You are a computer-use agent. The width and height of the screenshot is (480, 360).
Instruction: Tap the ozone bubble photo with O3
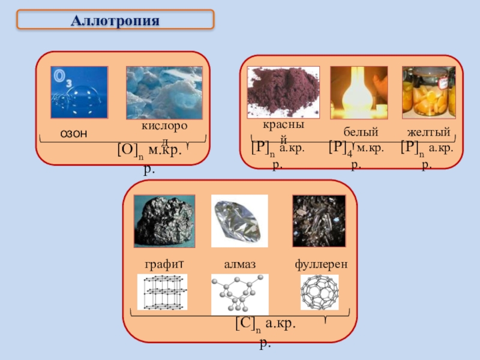[x=79, y=92]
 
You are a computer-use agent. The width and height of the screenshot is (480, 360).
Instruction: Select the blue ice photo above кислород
[x=164, y=92]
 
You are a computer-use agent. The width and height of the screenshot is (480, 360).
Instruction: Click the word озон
[x=73, y=133]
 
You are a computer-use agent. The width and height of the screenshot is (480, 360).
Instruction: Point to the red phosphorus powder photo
[x=284, y=92]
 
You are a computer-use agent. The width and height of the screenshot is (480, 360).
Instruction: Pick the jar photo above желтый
[x=428, y=92]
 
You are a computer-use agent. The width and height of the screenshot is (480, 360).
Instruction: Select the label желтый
[x=428, y=131]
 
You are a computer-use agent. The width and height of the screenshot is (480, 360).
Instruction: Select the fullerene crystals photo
[x=319, y=221]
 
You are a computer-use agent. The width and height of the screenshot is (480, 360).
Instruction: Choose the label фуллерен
[x=322, y=264]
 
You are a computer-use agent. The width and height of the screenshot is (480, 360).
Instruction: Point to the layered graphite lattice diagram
[x=162, y=292]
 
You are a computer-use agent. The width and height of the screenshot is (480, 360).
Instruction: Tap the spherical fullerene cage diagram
[x=319, y=292]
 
